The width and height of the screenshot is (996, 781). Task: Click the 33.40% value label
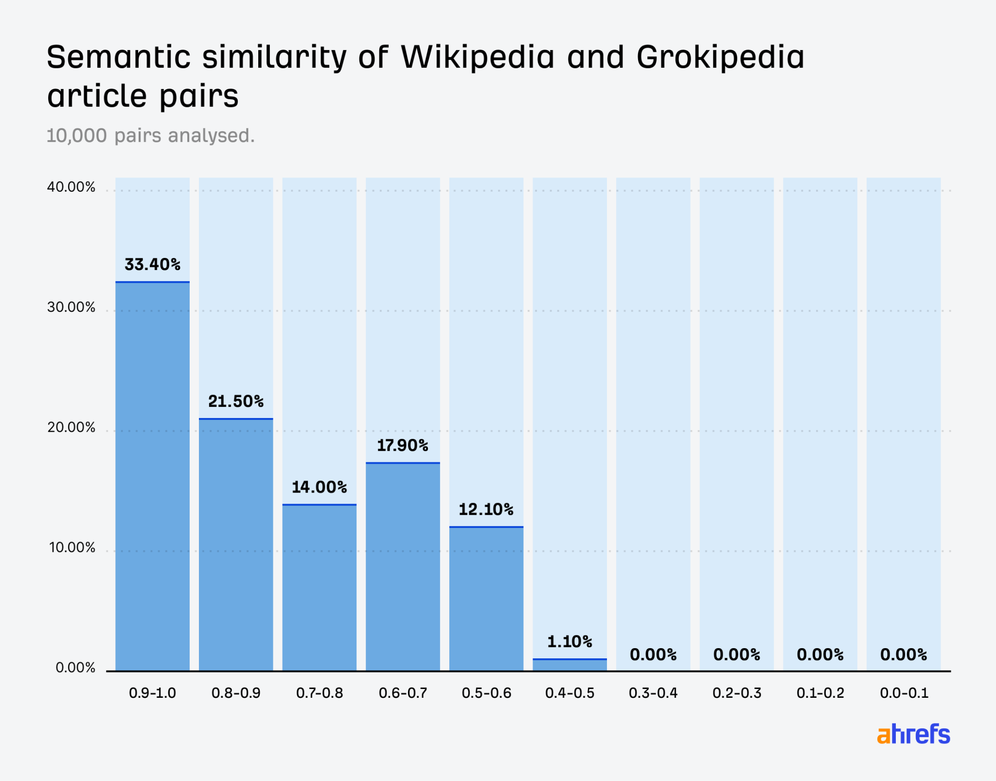tap(152, 265)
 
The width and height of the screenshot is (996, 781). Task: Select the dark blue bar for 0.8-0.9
tap(236, 545)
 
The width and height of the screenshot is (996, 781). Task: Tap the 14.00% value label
tap(320, 487)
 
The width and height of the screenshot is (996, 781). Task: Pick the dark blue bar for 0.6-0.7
tap(403, 567)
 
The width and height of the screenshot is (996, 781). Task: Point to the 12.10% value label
tap(486, 509)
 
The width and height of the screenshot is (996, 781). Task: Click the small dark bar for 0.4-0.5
tap(569, 665)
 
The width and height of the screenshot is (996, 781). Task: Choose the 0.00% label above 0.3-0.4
tap(653, 654)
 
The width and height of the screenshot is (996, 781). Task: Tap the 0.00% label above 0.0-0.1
tap(904, 654)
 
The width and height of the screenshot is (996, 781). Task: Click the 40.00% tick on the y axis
tap(71, 187)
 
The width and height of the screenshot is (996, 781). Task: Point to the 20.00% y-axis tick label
tap(71, 428)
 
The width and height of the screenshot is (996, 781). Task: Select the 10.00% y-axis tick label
tap(72, 548)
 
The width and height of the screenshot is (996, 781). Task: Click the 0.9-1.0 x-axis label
tap(152, 693)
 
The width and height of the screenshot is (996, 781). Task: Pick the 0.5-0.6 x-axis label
tap(486, 693)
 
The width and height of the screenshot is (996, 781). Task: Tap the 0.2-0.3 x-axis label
tap(737, 693)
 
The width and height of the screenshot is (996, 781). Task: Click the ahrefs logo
tap(913, 734)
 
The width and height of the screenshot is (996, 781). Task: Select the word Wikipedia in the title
tap(478, 57)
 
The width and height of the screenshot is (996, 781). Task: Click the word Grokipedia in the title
tap(720, 57)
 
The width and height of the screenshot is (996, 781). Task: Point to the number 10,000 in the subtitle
tap(76, 136)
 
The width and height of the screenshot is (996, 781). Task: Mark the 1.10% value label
tap(569, 642)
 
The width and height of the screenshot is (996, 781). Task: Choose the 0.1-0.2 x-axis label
tap(820, 693)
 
